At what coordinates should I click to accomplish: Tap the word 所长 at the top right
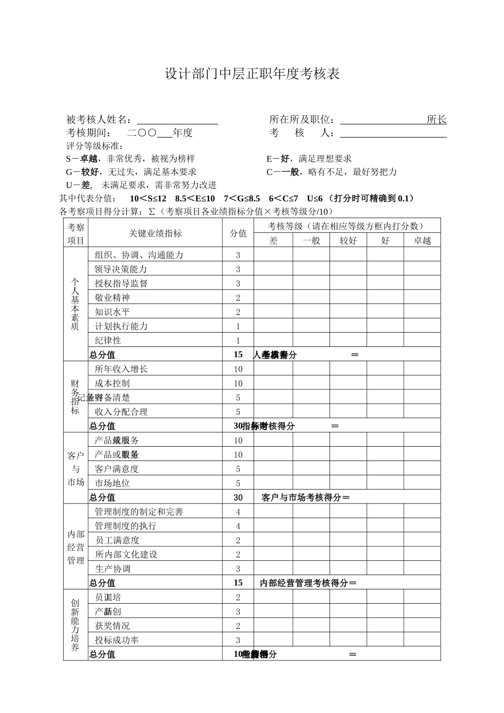coord(437,120)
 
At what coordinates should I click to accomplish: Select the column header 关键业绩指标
coord(155,233)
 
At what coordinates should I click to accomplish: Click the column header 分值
coord(238,233)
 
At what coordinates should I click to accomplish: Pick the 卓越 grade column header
coord(422,241)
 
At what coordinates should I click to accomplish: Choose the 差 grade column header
coord(273,241)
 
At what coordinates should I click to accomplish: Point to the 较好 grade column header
coord(348,241)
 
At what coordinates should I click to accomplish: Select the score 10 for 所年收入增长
coord(238,369)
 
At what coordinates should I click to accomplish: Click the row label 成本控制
coord(112,384)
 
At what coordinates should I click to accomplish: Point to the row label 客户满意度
coord(117,469)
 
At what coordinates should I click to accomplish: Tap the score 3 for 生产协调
coord(238,569)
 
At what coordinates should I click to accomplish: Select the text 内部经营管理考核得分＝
coord(309,583)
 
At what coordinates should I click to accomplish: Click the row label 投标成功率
coord(117,640)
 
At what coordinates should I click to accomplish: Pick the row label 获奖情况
coord(112,626)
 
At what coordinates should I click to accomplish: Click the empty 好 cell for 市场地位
coord(385,483)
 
